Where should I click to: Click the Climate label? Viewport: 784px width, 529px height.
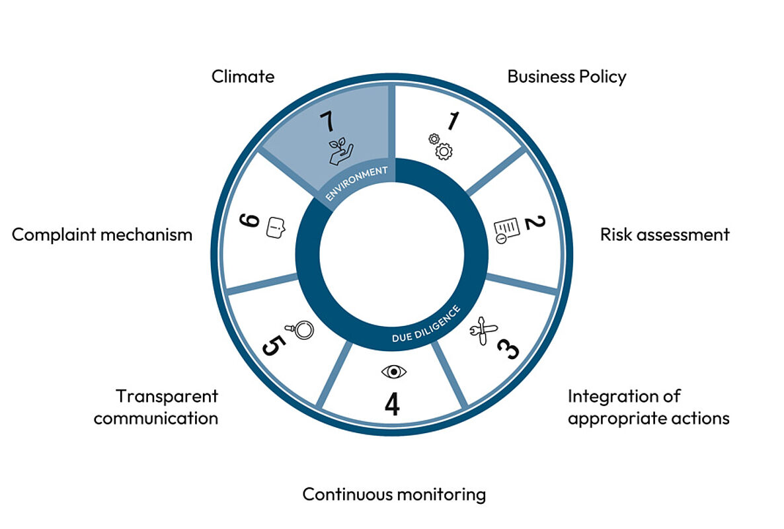(243, 77)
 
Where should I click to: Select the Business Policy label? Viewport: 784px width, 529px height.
(567, 77)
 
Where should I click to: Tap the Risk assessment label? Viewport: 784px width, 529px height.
(664, 235)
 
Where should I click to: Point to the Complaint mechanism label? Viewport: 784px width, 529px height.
(102, 235)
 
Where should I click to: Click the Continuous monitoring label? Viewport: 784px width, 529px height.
(394, 495)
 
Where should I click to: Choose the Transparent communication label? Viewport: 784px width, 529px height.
(156, 407)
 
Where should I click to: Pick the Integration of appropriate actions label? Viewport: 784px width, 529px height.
(648, 407)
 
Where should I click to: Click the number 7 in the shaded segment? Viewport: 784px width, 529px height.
(327, 122)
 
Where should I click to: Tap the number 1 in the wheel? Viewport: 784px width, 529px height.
(453, 121)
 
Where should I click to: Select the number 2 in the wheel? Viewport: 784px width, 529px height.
(535, 222)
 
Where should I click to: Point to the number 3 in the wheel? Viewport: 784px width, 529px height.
(508, 348)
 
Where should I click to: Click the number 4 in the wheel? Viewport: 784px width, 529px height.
(393, 404)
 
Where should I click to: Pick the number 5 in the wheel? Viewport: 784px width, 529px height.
(274, 345)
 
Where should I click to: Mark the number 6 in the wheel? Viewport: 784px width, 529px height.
(249, 220)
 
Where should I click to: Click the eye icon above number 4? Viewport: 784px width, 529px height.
(394, 372)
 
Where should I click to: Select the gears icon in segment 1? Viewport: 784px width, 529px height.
(440, 147)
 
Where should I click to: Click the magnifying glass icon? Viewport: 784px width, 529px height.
(299, 329)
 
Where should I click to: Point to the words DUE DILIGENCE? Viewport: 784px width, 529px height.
(426, 325)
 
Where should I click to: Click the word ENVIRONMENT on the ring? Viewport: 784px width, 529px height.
(356, 183)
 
